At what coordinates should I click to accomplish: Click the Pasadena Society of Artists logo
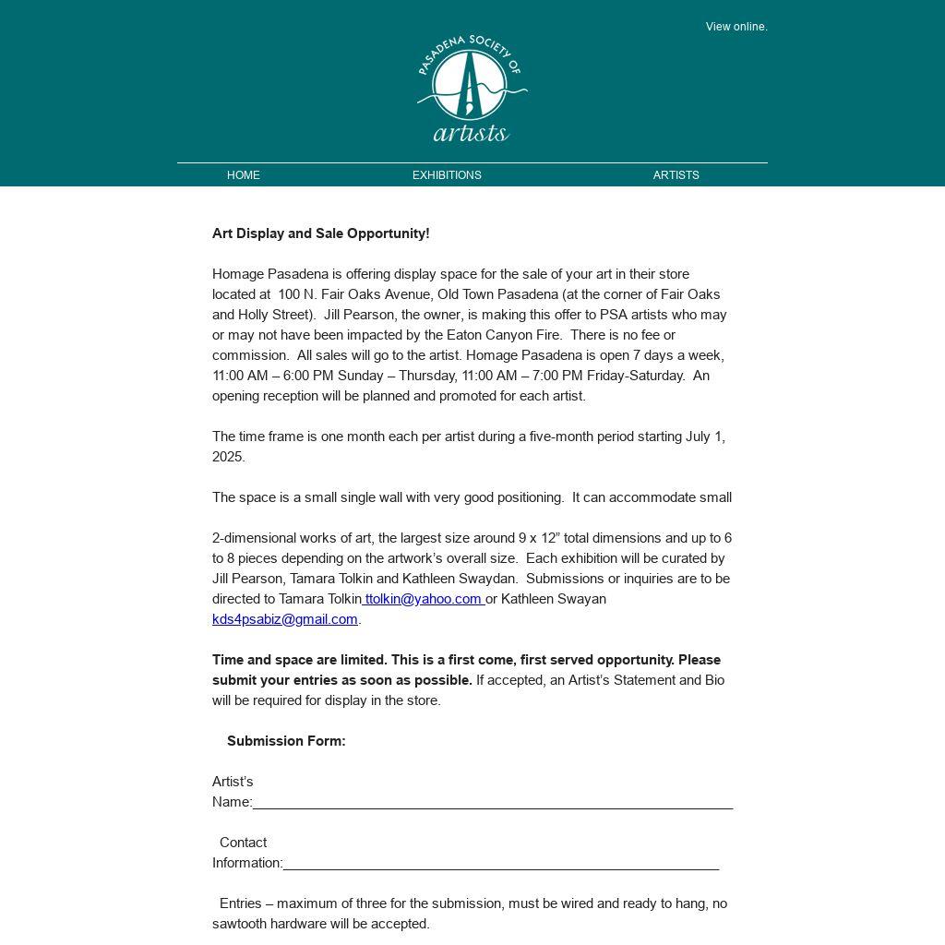pos(472,89)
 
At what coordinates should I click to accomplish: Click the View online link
pos(736,27)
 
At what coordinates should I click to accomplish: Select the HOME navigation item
pos(244,175)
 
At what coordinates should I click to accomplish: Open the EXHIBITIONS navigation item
pos(447,175)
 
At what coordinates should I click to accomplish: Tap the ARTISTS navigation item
pos(676,175)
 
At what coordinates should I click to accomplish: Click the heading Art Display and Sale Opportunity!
pos(320,233)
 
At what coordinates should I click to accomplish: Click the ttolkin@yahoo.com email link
pos(424,599)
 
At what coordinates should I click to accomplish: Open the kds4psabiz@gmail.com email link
pos(285,619)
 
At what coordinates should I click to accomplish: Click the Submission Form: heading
pos(286,741)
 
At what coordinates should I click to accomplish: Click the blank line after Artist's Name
pos(492,803)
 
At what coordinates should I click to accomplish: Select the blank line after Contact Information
pos(500,864)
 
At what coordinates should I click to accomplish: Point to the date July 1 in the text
pos(705,437)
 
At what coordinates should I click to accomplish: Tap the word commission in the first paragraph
pos(248,355)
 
